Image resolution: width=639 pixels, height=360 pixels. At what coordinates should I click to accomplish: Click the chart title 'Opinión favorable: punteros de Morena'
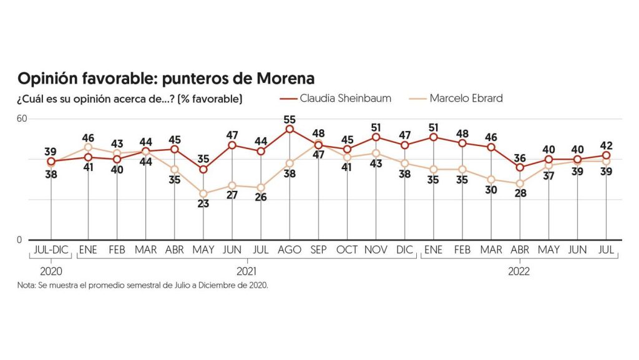[166, 79]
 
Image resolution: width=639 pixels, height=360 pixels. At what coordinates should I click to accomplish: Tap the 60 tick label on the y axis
[23, 119]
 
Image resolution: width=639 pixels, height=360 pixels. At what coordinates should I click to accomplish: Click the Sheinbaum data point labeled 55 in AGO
[290, 129]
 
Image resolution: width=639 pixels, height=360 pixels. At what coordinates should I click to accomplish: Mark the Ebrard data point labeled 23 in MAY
[203, 193]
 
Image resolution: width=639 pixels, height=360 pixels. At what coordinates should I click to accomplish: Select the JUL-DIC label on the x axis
[51, 250]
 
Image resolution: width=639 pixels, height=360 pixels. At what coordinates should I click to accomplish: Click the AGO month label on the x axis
[290, 250]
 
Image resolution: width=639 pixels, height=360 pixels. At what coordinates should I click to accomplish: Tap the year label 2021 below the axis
[246, 271]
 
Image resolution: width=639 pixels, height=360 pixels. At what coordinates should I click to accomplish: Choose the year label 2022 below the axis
[519, 271]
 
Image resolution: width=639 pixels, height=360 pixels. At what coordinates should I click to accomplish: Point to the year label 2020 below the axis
[51, 271]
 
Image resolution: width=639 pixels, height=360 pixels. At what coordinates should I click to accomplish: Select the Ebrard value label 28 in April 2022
[520, 193]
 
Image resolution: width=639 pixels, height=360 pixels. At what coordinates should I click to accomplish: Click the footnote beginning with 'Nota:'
[143, 286]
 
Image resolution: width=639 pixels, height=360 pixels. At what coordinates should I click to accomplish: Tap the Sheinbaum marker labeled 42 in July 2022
[606, 155]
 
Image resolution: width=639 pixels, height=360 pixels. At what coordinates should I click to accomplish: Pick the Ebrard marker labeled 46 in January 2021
[88, 148]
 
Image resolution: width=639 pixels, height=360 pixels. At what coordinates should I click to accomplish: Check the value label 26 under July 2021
[261, 198]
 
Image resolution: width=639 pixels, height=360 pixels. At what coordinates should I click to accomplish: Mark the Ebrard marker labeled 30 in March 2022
[491, 180]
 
